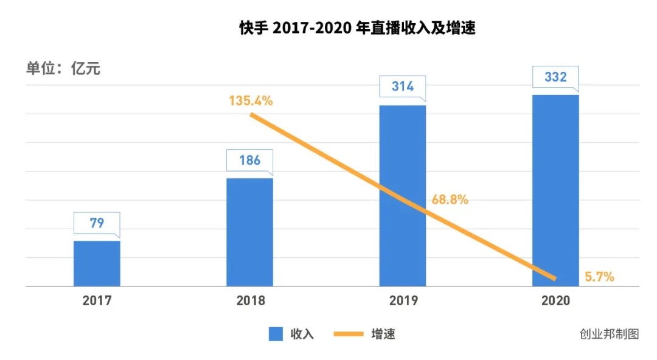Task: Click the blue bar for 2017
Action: click(97, 263)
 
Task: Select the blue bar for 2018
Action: click(249, 232)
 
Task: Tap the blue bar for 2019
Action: click(402, 195)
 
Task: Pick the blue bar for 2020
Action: click(555, 190)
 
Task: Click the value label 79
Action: click(97, 223)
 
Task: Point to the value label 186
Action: click(249, 160)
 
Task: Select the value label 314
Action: click(402, 86)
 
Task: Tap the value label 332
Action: click(555, 77)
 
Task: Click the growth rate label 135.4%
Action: click(251, 101)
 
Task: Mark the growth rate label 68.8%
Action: click(450, 199)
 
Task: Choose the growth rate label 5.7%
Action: click(599, 277)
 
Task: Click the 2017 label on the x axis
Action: click(97, 301)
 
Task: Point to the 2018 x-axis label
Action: click(250, 301)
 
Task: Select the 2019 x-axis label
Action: click(403, 301)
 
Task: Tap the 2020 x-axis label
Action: click(555, 301)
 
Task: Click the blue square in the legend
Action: click(276, 334)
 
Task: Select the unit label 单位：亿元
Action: click(63, 69)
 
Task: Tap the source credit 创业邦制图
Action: click(609, 334)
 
